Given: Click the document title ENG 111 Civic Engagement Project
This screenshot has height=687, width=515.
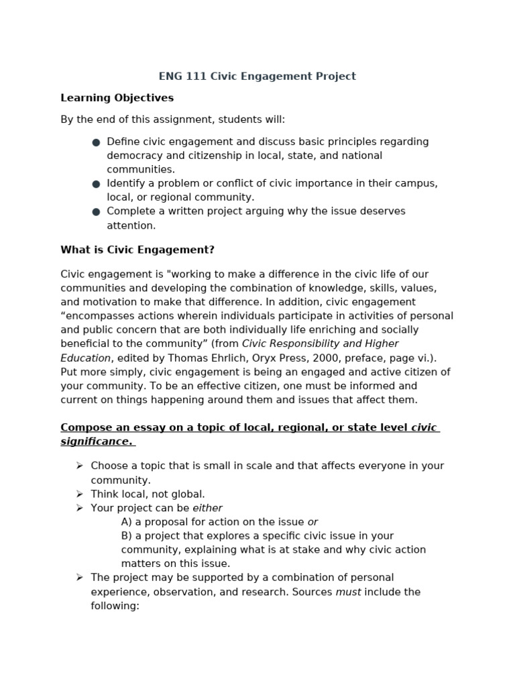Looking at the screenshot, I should click(257, 76).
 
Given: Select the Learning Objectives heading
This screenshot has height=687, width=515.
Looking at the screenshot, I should click(117, 98).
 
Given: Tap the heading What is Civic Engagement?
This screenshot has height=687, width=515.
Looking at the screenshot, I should click(137, 250).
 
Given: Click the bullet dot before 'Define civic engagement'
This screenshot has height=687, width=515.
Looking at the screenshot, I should click(96, 142).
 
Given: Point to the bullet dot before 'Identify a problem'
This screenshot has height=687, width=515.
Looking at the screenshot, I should click(96, 184).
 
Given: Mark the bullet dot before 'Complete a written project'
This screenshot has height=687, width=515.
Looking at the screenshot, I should click(96, 212).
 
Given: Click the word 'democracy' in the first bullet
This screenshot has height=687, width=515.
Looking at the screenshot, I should click(132, 156).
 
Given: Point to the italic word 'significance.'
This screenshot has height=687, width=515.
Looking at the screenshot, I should click(96, 441).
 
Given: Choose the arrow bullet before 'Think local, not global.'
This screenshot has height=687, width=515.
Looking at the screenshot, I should click(80, 494).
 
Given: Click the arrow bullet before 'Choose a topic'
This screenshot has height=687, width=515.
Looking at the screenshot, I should click(80, 466).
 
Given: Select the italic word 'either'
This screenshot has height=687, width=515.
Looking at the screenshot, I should click(207, 508).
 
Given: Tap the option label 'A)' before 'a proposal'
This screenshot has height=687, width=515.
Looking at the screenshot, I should click(127, 522).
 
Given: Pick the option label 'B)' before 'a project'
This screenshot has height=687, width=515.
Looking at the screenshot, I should click(127, 536).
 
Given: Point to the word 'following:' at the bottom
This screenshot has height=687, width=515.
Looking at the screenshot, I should click(115, 606).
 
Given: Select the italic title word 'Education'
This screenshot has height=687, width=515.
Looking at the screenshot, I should click(85, 358).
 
